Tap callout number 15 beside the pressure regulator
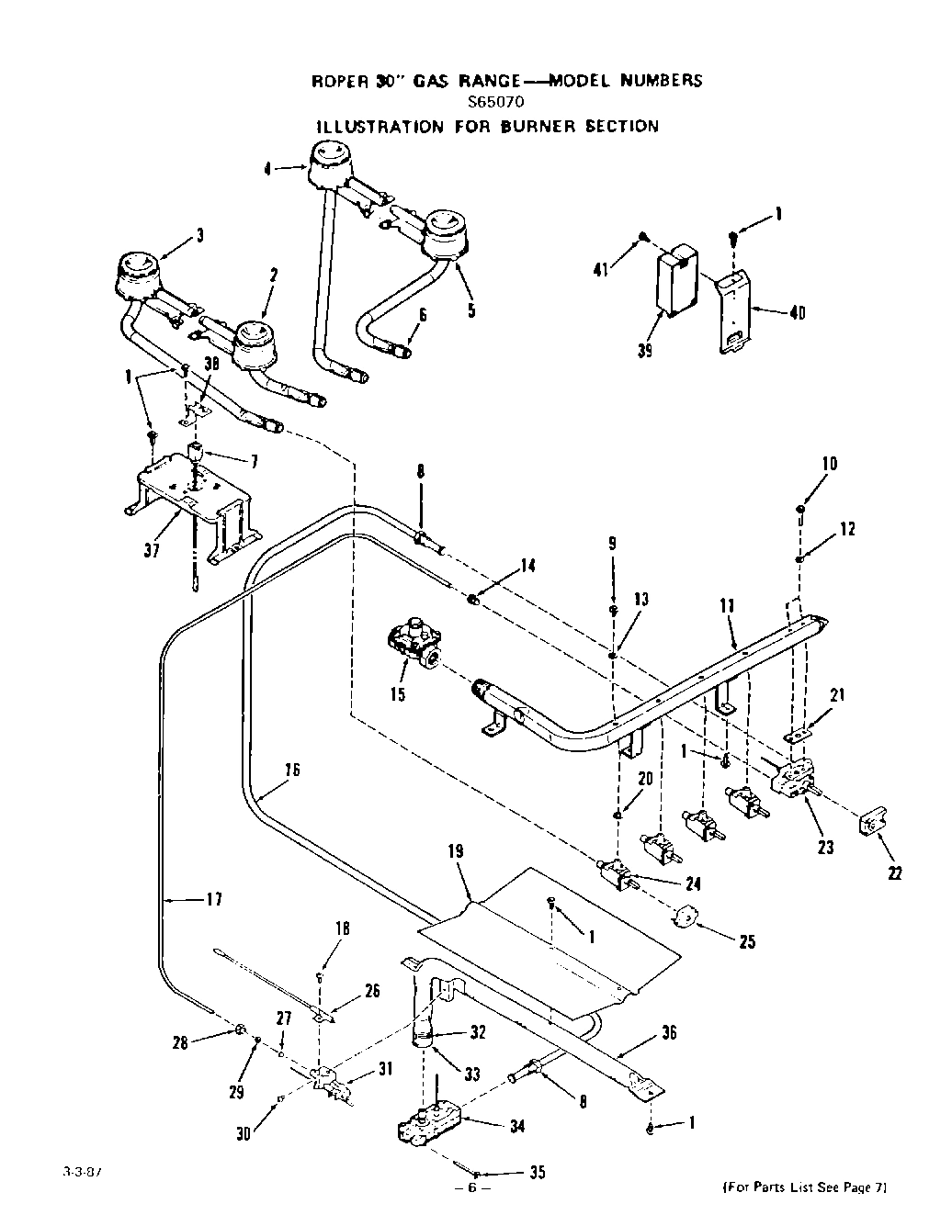pyautogui.click(x=397, y=694)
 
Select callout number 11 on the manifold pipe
pyautogui.click(x=727, y=605)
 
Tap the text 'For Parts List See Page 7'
pyautogui.click(x=805, y=1187)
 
